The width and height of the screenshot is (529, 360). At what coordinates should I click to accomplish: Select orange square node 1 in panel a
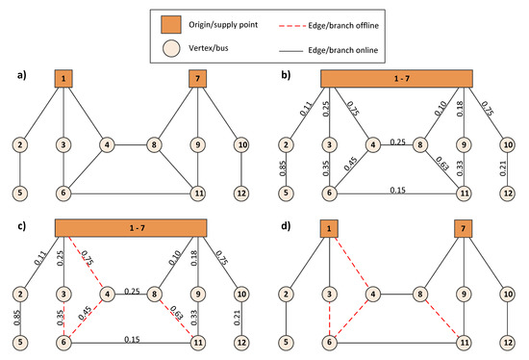(x=64, y=78)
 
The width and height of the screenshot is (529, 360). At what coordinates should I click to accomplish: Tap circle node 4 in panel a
(x=109, y=145)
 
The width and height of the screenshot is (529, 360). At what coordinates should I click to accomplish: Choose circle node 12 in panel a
(x=240, y=193)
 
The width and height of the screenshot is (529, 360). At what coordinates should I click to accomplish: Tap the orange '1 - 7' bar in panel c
(x=131, y=227)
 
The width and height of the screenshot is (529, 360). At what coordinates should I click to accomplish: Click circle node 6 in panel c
(x=64, y=344)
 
